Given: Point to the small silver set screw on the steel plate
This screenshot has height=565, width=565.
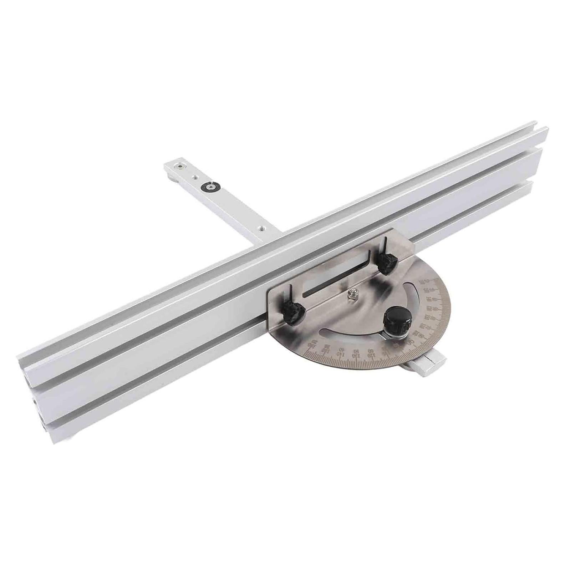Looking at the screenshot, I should click(x=353, y=295).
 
